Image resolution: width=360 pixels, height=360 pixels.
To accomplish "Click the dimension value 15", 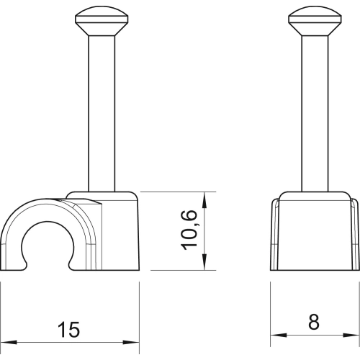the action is coord(68,330).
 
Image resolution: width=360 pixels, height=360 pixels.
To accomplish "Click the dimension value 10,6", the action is coord(189,230).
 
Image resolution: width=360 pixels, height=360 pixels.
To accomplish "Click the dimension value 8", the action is coord(314,322).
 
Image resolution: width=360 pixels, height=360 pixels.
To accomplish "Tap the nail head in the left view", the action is coord(102,22).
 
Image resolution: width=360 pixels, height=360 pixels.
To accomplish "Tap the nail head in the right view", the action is coord(315,22).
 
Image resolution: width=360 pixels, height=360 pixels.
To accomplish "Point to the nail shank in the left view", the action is coord(102,114).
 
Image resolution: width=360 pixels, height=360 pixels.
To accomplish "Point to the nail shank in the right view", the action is coord(315,114).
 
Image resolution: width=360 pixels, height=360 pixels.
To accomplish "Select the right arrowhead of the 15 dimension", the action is coord(131,342).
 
